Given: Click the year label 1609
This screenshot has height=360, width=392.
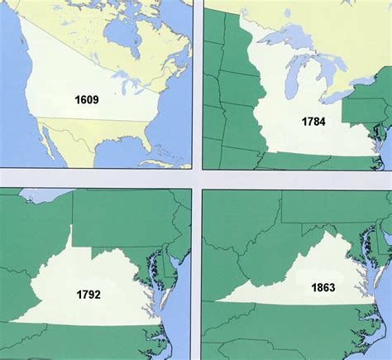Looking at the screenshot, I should click(86, 100).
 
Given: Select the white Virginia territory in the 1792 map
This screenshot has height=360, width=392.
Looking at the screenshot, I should click(91, 273).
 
